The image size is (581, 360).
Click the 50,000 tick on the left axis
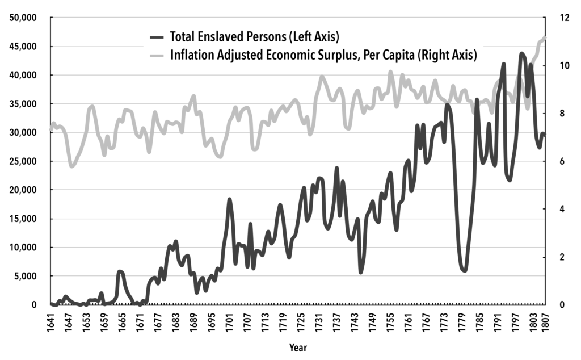click(x=24, y=18)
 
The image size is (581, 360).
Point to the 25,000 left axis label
click(x=24, y=161)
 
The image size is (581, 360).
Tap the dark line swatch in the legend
click(x=157, y=37)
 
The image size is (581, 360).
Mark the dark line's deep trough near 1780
click(x=464, y=270)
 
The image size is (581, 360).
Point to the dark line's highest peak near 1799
click(x=521, y=54)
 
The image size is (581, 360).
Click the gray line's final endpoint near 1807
click(x=545, y=37)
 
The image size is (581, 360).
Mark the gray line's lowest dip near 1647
click(x=71, y=166)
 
